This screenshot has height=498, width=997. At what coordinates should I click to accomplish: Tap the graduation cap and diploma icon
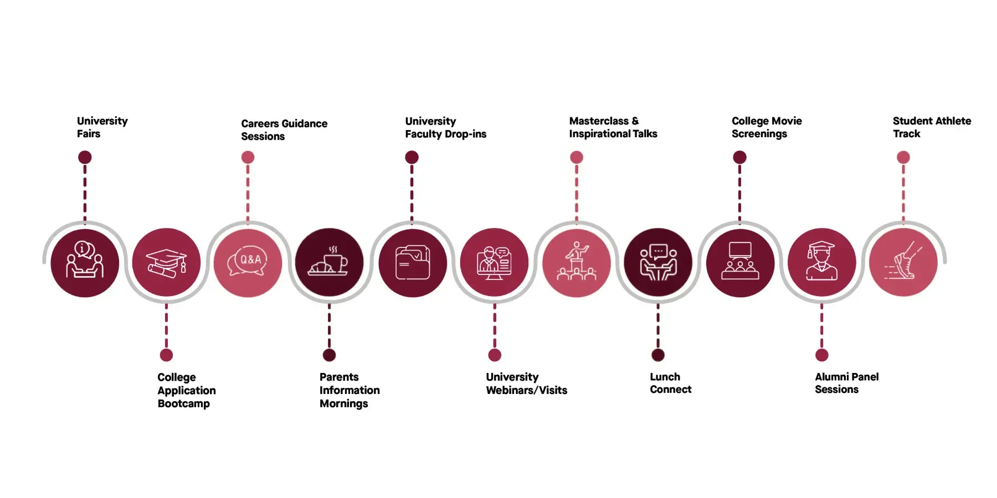(166, 263)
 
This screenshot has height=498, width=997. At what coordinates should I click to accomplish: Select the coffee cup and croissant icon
(330, 261)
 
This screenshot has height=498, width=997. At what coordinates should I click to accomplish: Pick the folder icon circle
(413, 263)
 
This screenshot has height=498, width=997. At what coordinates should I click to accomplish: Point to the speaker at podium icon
(577, 261)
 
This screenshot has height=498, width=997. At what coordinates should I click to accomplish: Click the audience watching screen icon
(740, 261)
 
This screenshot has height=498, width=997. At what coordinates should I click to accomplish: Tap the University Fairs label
(102, 127)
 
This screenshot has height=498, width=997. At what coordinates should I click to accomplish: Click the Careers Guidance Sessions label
(284, 130)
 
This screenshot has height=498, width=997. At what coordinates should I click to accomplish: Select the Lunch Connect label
(670, 383)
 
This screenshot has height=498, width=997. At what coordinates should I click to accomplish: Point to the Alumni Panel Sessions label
(846, 383)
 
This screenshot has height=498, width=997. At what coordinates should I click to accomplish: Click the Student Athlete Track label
(932, 127)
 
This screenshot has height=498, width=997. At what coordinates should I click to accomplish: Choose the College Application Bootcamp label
(186, 390)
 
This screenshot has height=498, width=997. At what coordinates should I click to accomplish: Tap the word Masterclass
(599, 121)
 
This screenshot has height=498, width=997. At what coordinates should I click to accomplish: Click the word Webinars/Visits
(526, 390)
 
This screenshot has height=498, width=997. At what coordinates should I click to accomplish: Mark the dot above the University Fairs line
(85, 157)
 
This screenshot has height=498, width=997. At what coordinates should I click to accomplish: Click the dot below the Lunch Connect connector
(658, 355)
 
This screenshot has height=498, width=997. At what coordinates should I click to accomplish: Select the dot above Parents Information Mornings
(329, 355)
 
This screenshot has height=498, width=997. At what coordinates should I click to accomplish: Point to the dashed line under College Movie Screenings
(739, 194)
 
